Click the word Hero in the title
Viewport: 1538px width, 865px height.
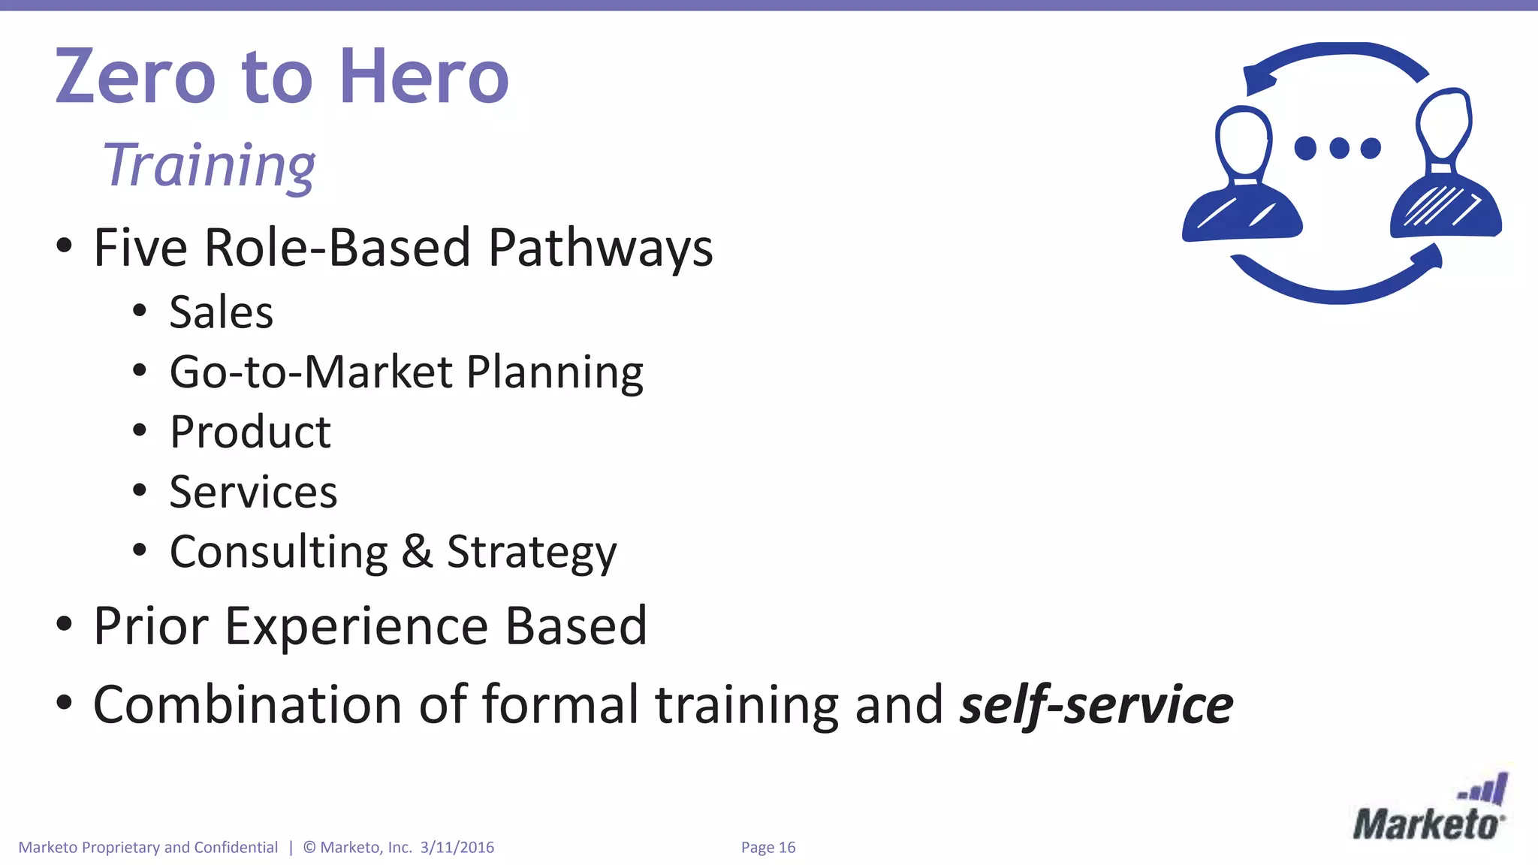point(424,77)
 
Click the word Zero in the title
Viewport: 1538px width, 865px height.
point(135,77)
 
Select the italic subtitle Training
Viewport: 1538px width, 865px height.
point(209,166)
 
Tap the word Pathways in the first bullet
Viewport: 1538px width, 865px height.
point(600,248)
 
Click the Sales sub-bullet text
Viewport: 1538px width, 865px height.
point(221,312)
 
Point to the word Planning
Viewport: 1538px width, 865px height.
point(554,372)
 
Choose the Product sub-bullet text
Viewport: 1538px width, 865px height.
point(250,432)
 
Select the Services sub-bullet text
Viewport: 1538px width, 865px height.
point(253,493)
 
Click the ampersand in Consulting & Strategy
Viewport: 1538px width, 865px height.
point(418,552)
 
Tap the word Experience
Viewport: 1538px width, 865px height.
point(356,626)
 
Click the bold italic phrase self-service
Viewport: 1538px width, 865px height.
point(1096,705)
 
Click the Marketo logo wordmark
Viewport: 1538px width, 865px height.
point(1427,824)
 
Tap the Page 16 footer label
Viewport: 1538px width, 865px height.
point(767,848)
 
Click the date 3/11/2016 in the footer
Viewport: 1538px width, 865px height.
point(457,848)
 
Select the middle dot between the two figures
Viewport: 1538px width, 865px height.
point(1339,148)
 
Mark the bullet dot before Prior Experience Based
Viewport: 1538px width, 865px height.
point(65,623)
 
